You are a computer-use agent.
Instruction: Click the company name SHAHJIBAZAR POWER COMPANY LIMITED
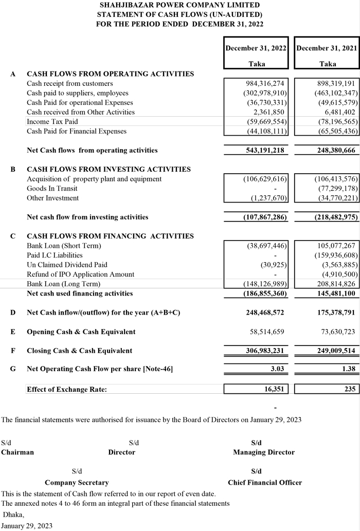coord(179,5)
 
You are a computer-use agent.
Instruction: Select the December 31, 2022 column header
coord(256,48)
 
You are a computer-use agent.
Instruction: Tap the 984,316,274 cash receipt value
coord(265,83)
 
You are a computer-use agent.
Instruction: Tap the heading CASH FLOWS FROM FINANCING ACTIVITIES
coord(110,236)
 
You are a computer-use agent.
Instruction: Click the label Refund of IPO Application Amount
coord(80,274)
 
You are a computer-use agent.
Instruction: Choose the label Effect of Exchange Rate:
coord(67,389)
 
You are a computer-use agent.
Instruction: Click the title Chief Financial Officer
coord(265,483)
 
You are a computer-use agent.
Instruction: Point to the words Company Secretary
coord(77,483)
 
